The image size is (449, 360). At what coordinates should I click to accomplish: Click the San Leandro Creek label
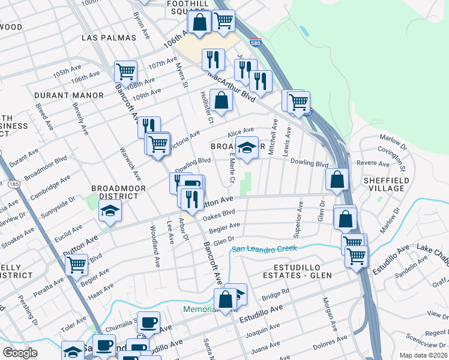coord(265,249)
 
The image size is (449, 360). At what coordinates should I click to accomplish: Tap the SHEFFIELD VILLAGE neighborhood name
coord(386,184)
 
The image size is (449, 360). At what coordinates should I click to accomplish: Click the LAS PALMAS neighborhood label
coord(109,38)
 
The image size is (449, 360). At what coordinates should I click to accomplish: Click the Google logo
coord(20,352)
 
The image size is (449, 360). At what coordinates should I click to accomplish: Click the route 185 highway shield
coord(13,185)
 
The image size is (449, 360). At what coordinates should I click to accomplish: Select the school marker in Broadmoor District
coord(110,211)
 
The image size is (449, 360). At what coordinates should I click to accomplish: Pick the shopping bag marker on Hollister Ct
coord(221,100)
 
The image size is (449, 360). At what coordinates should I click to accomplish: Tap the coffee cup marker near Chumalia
coord(148,322)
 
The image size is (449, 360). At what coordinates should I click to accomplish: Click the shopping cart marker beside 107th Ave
coord(125,71)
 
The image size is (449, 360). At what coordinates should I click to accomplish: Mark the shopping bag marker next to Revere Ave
coord(337,178)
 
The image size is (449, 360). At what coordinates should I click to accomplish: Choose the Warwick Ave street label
coord(130,165)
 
